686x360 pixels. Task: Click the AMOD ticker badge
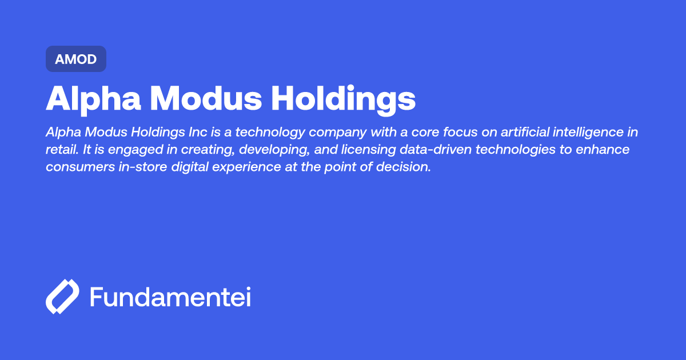(75, 59)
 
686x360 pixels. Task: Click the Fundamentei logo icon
(62, 297)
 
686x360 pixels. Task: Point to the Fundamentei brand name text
(170, 297)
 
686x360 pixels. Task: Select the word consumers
(78, 168)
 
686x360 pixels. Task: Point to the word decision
(405, 168)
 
